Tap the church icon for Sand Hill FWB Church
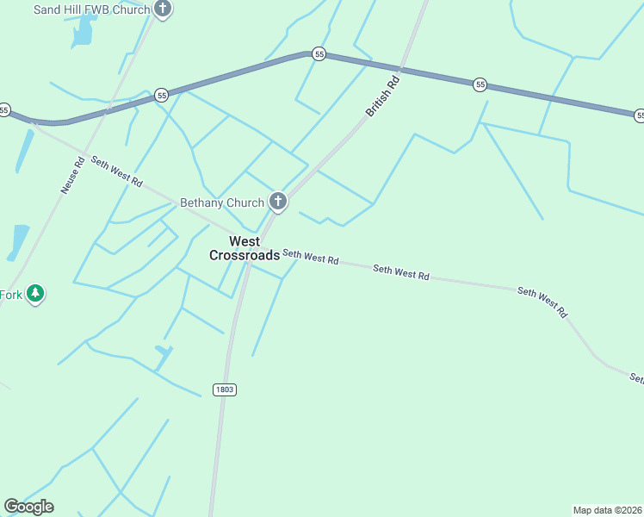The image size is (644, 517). tap(164, 9)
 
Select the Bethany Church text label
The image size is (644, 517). tap(221, 203)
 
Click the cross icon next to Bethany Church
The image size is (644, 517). tap(277, 202)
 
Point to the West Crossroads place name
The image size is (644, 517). tap(245, 248)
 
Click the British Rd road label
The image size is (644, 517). tap(383, 97)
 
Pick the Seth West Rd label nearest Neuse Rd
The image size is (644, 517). tap(116, 171)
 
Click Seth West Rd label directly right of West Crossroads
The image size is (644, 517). tap(311, 257)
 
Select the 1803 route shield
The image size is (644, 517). tap(225, 389)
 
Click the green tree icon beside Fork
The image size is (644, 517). tap(34, 294)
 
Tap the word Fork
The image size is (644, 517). tap(11, 295)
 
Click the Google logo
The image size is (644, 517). tap(28, 507)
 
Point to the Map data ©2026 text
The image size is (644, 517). tap(608, 510)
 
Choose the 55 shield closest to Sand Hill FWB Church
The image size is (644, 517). tap(161, 96)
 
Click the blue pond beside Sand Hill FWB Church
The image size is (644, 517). tap(83, 33)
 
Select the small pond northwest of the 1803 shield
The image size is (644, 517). tap(164, 351)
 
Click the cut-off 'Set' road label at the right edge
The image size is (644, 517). tap(635, 377)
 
